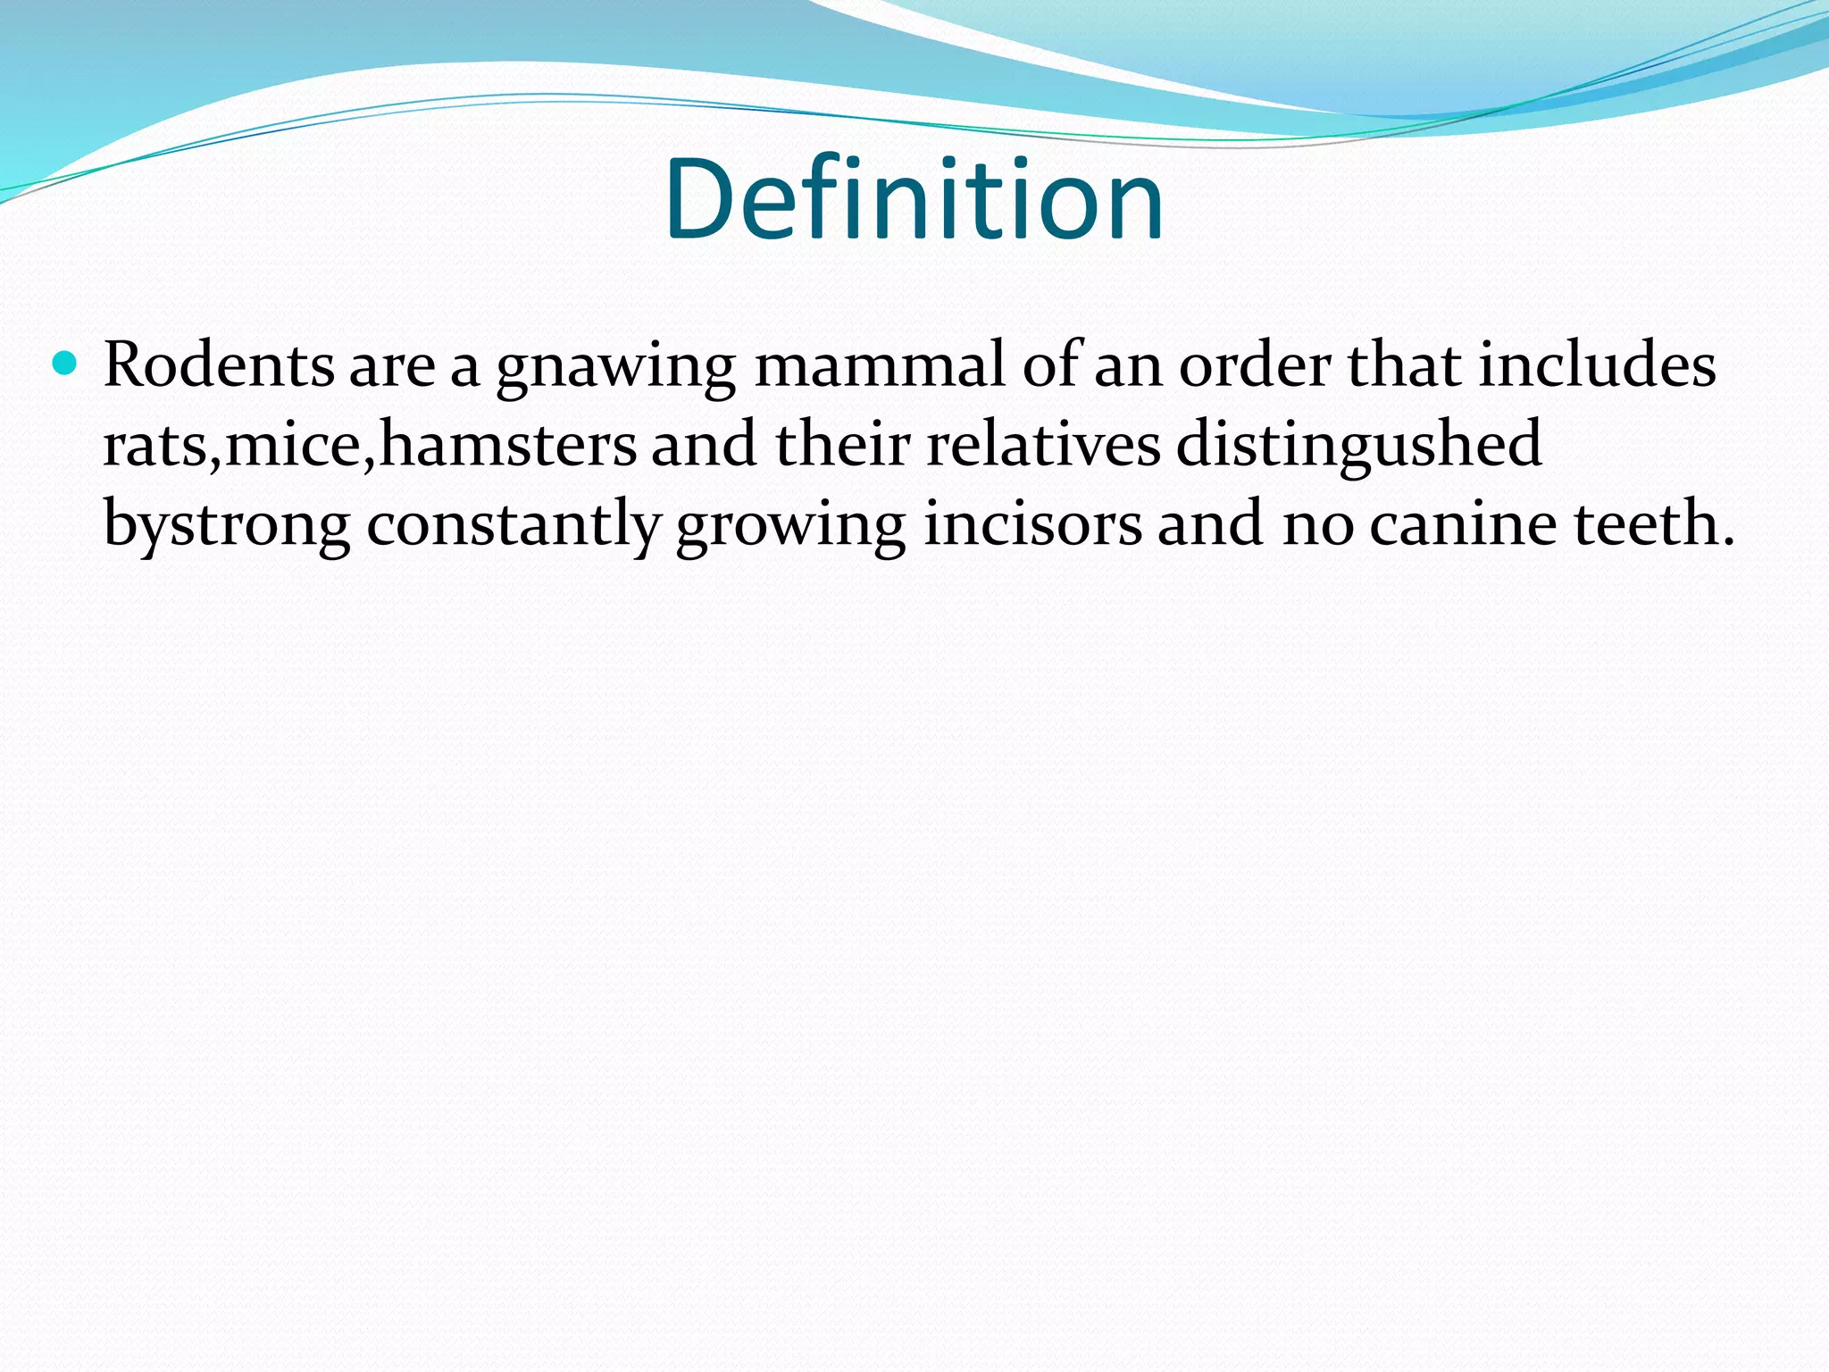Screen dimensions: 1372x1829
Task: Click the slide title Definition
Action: point(914,200)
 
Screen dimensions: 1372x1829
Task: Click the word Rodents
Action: point(219,366)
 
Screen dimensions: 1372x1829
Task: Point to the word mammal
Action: point(880,366)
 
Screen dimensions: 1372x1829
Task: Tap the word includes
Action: point(1597,366)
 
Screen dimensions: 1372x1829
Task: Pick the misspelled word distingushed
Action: point(1358,444)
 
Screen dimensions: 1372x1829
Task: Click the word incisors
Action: point(1031,523)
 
